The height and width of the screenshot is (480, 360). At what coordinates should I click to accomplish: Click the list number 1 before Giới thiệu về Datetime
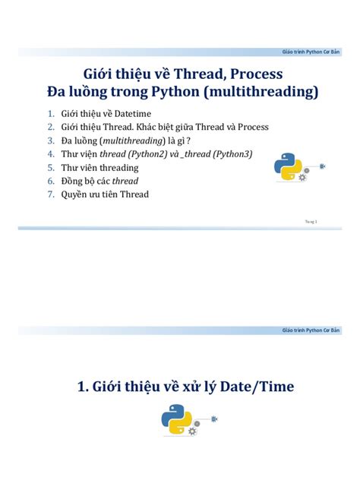pos(51,114)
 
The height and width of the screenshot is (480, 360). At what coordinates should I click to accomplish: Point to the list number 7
pos(51,194)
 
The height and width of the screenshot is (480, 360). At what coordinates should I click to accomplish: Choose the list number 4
pos(51,154)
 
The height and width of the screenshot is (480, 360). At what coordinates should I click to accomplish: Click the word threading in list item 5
pos(116,167)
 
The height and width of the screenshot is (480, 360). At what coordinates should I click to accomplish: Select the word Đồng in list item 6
pos(73,181)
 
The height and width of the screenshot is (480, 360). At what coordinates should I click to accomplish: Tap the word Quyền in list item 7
pos(75,194)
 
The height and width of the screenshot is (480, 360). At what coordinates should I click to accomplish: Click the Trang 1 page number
pos(310,220)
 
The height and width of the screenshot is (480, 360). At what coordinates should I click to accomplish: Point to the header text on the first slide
pos(311,51)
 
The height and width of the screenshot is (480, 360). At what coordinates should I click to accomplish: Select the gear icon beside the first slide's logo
pos(303,177)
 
